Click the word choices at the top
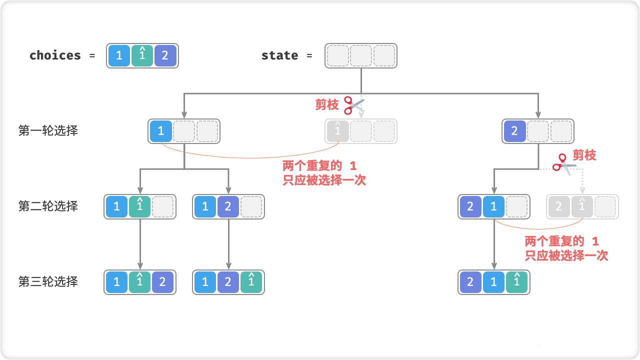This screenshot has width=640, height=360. (55, 55)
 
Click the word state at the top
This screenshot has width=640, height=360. (279, 55)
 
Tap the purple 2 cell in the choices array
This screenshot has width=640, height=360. (165, 55)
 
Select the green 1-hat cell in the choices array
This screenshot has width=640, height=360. (142, 55)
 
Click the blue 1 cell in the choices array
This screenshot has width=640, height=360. (119, 55)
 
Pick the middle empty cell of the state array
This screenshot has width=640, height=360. (361, 55)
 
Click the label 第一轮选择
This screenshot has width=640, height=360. (48, 131)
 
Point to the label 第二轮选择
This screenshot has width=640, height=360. (48, 206)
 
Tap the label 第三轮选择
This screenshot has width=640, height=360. (48, 281)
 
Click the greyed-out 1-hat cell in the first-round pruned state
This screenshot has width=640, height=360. (338, 131)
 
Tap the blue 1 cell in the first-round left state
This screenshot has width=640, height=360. (161, 131)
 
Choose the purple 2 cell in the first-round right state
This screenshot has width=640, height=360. (515, 131)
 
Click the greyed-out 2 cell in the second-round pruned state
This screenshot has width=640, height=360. (559, 206)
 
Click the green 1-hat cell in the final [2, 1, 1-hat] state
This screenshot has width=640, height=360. (516, 282)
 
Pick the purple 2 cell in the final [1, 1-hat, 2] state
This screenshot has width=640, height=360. (162, 282)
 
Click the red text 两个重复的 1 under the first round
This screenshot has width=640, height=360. (320, 166)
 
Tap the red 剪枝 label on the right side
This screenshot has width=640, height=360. (584, 155)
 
